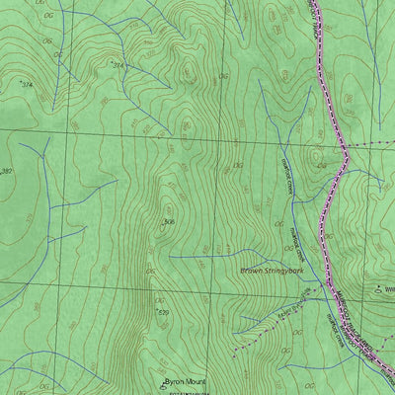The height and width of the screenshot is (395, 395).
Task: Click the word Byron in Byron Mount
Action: coord(174,380)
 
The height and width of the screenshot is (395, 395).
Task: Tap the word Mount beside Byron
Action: coord(196,380)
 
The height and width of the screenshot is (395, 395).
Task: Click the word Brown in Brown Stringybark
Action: coord(253,269)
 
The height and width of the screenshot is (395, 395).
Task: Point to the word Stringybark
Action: coord(289,269)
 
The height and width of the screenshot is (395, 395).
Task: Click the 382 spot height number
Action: coord(7,172)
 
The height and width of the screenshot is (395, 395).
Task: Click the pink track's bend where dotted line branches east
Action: coord(347,156)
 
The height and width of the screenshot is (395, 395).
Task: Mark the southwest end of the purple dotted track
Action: coord(233,353)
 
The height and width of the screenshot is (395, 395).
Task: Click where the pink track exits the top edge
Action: coord(314,2)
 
